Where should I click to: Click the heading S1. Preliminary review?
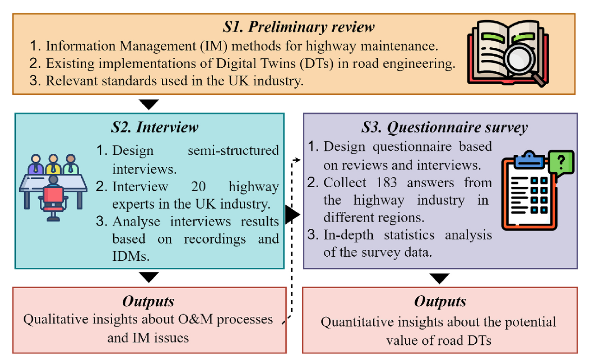point(298,27)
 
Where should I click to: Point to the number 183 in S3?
point(384,183)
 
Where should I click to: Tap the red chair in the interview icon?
point(53,197)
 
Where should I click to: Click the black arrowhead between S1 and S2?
point(149,105)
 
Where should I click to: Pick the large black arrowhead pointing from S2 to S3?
point(293,215)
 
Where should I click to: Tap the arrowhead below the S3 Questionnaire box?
point(440,278)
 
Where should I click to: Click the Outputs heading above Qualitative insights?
point(148,302)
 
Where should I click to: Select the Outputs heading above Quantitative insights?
point(440,302)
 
